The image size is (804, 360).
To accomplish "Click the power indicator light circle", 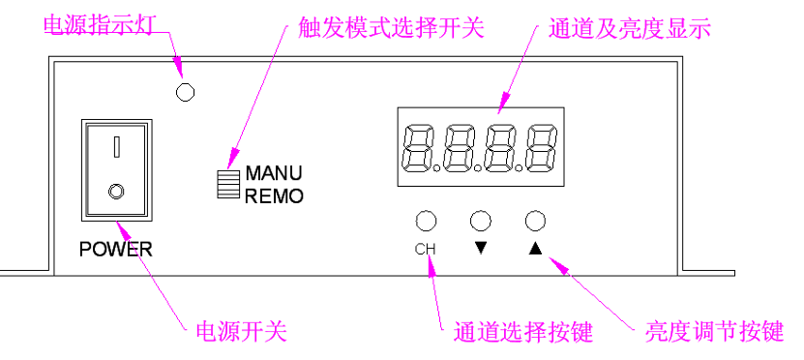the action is [185, 92].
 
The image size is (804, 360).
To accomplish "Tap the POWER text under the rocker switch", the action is [116, 250].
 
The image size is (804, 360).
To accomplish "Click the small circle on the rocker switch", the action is [116, 192].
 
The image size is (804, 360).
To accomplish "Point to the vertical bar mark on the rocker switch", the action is [117, 146].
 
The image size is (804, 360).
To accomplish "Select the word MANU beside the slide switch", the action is [274, 173].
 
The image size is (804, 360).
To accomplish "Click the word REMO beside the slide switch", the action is [275, 195].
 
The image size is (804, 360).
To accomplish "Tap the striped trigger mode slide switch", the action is [228, 183].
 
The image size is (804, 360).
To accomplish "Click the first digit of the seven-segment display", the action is [419, 147].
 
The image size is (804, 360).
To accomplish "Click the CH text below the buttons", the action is [425, 250].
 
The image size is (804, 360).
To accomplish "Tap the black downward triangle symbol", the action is [481, 248].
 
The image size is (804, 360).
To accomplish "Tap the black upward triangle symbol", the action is [535, 249].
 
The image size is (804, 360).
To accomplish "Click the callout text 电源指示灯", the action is [98, 25].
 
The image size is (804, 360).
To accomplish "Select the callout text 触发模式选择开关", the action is [391, 29].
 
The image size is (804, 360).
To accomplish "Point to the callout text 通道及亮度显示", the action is [630, 29].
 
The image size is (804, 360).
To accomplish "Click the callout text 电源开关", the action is [242, 332].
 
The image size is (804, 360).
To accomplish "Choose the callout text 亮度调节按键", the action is [714, 332].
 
